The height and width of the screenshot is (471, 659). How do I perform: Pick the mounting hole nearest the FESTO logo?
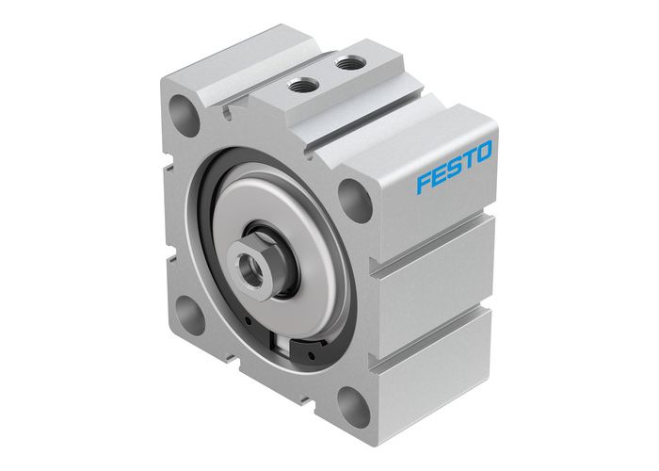click(353, 200)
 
